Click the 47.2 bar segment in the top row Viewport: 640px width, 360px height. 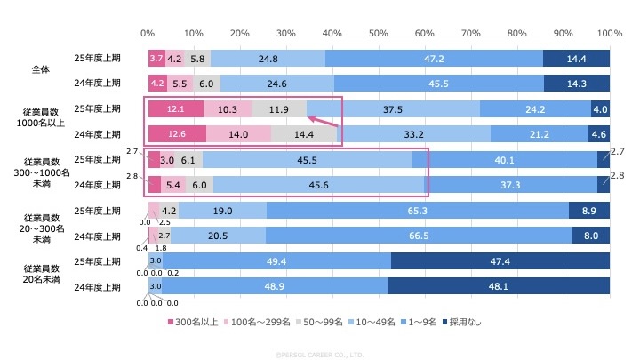435,59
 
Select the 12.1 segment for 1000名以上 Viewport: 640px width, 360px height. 176,108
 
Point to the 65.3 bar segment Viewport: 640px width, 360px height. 418,211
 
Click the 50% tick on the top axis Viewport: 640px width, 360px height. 379,33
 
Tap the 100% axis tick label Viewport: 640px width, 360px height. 610,33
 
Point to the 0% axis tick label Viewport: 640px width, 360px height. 148,33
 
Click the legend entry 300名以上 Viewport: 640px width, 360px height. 194,322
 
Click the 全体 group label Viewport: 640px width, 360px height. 42,70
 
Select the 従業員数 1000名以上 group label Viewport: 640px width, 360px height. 42,121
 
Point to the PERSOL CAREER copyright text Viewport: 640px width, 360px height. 319,353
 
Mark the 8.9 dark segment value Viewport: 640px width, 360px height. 588,211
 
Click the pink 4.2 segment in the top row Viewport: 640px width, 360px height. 175,59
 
